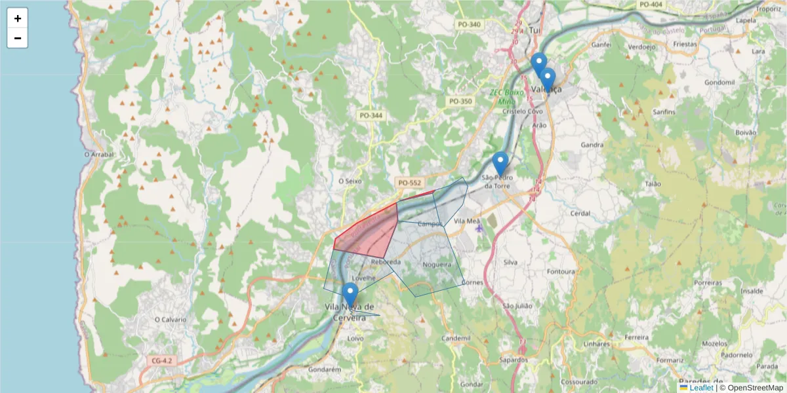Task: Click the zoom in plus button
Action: click(x=18, y=18)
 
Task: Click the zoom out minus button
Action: click(x=18, y=38)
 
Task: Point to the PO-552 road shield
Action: click(x=410, y=183)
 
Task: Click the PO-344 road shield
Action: click(x=371, y=115)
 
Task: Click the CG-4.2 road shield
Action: click(x=161, y=361)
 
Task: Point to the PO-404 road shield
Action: click(x=651, y=5)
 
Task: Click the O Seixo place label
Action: click(x=350, y=181)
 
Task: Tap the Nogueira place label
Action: click(x=437, y=265)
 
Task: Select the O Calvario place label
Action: click(x=170, y=319)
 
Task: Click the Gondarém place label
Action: click(x=325, y=369)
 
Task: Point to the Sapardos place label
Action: click(x=514, y=360)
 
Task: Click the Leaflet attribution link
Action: click(x=701, y=388)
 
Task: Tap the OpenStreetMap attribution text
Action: click(x=755, y=388)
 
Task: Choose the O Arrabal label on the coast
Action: click(x=99, y=155)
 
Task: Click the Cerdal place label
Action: click(x=580, y=214)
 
